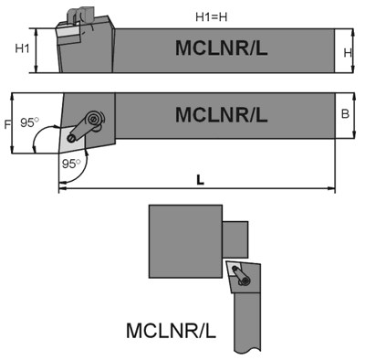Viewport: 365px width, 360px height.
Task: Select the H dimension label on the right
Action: click(x=347, y=52)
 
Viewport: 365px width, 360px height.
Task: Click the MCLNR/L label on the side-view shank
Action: click(x=221, y=48)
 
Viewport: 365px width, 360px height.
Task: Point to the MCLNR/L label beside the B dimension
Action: click(x=221, y=115)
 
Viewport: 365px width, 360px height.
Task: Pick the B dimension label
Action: click(x=345, y=114)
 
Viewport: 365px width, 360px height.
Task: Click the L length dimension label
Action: click(x=200, y=180)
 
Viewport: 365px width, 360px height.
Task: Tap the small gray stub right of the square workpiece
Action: click(x=235, y=238)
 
